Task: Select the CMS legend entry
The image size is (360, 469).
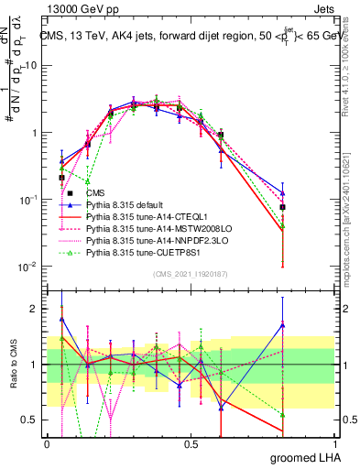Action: pos(94,193)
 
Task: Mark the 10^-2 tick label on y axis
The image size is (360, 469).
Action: pos(30,267)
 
